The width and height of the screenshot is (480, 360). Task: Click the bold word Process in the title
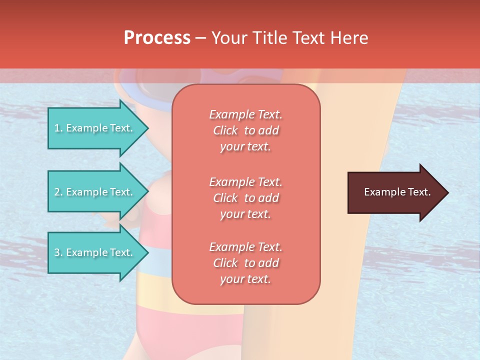click(x=157, y=38)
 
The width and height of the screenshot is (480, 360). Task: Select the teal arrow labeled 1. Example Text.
click(x=95, y=128)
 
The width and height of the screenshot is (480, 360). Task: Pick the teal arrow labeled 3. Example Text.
click(x=95, y=253)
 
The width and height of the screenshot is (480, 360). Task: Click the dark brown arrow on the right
click(x=395, y=192)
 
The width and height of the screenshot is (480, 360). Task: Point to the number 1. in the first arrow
click(x=58, y=128)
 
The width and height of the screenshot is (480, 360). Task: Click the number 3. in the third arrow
click(x=58, y=253)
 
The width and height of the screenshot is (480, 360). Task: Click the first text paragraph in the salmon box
click(x=245, y=130)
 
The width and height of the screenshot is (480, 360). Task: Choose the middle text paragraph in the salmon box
click(x=245, y=198)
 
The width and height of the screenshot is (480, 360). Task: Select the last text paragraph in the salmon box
click(x=245, y=263)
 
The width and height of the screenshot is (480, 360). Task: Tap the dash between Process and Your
click(x=200, y=38)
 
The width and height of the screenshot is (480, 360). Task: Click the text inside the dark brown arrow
click(x=397, y=192)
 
